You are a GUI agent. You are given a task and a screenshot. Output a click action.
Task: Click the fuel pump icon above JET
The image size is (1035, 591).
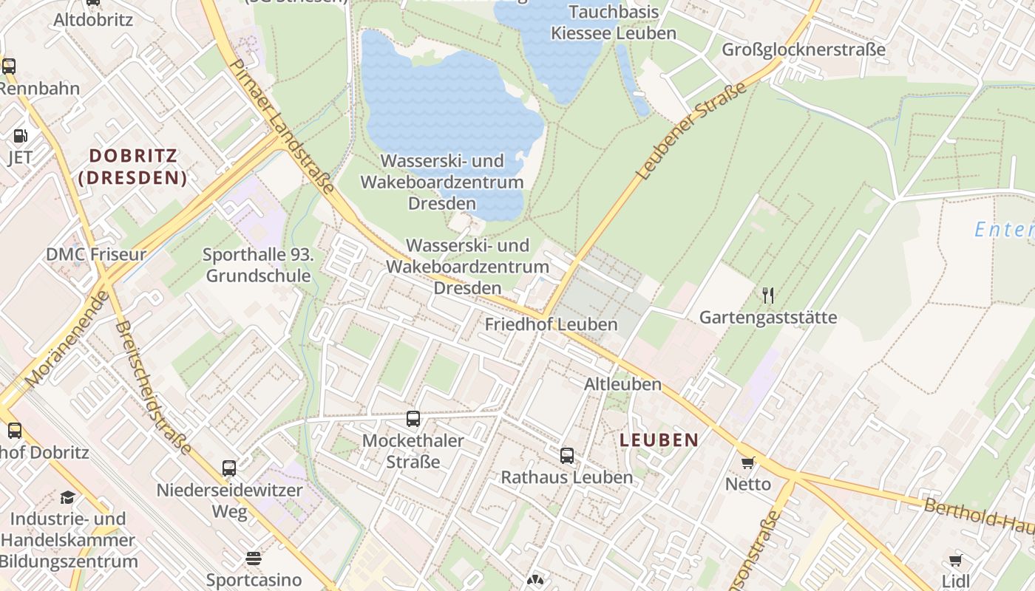point(21,136)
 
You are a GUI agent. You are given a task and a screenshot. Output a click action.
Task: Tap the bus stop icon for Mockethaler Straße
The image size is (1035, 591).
point(413,419)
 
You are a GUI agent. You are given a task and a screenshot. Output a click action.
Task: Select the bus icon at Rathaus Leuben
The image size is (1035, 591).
point(567,456)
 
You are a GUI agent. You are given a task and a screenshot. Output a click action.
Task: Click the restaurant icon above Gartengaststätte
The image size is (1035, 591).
point(768,296)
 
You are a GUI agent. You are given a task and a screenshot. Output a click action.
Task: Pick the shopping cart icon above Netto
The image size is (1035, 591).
point(748,463)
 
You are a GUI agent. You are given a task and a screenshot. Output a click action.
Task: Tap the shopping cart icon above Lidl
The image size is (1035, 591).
point(955,560)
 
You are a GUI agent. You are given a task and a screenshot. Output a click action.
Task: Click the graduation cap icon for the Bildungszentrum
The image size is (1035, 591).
point(68,497)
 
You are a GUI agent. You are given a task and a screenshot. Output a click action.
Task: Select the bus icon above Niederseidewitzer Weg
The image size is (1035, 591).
point(229,468)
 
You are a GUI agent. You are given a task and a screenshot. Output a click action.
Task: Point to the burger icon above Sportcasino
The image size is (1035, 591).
point(254,558)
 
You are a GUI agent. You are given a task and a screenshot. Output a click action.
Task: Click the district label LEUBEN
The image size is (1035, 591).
point(659,440)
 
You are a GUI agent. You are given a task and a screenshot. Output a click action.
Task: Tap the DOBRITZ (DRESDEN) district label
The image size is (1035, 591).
point(133,166)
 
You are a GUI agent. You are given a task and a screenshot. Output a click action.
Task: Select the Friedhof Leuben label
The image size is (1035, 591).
point(551,324)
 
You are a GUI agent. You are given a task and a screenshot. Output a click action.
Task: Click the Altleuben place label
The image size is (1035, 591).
point(622,384)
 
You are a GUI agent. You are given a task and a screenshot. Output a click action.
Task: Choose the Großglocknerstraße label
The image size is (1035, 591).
point(803,49)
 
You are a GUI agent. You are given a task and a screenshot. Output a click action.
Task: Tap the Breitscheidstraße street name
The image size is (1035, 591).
point(153,387)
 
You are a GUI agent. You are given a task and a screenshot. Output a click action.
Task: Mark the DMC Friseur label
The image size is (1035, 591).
point(96,254)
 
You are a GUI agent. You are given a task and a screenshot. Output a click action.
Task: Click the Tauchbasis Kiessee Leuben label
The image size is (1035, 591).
point(614,22)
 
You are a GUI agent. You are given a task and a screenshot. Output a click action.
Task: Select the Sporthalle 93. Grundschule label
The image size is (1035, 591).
point(259,266)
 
